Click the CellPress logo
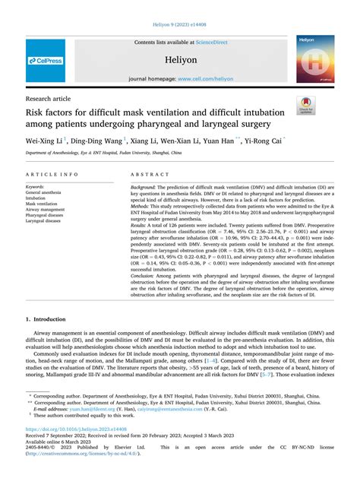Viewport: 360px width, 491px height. click(x=46, y=60)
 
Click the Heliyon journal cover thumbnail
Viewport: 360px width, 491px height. click(x=315, y=60)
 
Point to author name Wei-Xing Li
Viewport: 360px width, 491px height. click(x=44, y=141)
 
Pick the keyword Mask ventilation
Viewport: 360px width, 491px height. click(x=42, y=204)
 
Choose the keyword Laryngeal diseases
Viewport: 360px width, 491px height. click(x=45, y=220)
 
